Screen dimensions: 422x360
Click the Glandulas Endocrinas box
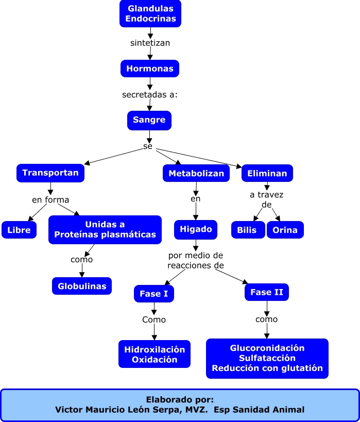click(x=150, y=13)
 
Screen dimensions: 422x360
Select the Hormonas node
click(x=150, y=68)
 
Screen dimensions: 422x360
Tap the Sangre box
click(x=149, y=120)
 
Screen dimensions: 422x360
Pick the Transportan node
click(x=50, y=173)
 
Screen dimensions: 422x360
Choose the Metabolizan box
click(x=196, y=173)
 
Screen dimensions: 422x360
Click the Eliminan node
click(x=267, y=173)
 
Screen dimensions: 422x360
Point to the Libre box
click(x=19, y=230)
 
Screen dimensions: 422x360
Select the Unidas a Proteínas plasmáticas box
click(x=105, y=230)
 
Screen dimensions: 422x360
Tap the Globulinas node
click(x=82, y=286)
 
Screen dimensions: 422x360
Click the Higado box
click(x=196, y=229)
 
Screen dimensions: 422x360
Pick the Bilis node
click(x=248, y=230)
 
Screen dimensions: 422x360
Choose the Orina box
click(x=285, y=230)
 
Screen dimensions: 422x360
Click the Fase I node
click(x=154, y=294)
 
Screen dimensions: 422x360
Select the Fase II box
click(x=267, y=292)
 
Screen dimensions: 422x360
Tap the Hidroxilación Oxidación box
click(x=155, y=354)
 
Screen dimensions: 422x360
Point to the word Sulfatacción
click(x=267, y=358)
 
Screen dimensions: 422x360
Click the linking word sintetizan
click(x=150, y=43)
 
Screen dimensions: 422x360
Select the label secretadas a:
click(x=150, y=95)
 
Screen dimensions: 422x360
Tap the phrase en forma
click(x=50, y=200)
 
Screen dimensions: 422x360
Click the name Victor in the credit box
click(x=70, y=410)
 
